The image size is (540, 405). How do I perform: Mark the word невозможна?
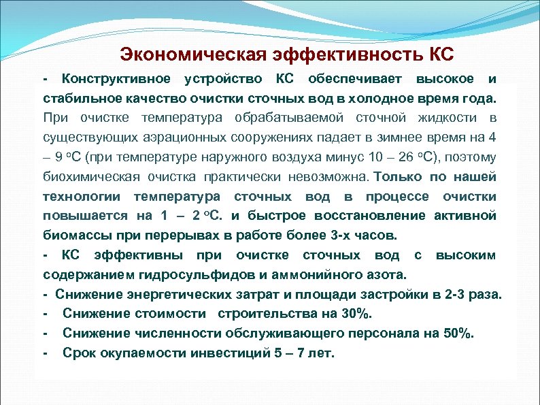[x=329, y=177]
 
